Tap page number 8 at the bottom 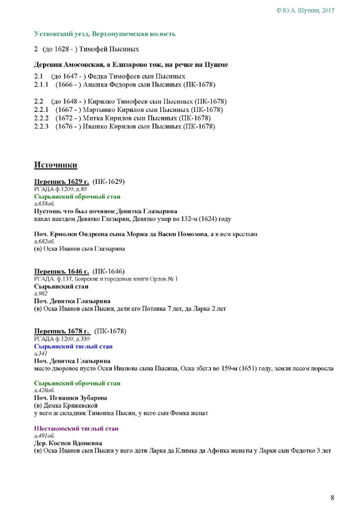333,497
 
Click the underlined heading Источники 56,165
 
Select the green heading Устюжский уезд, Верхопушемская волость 104,34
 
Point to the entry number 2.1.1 43,84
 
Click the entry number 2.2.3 43,126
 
